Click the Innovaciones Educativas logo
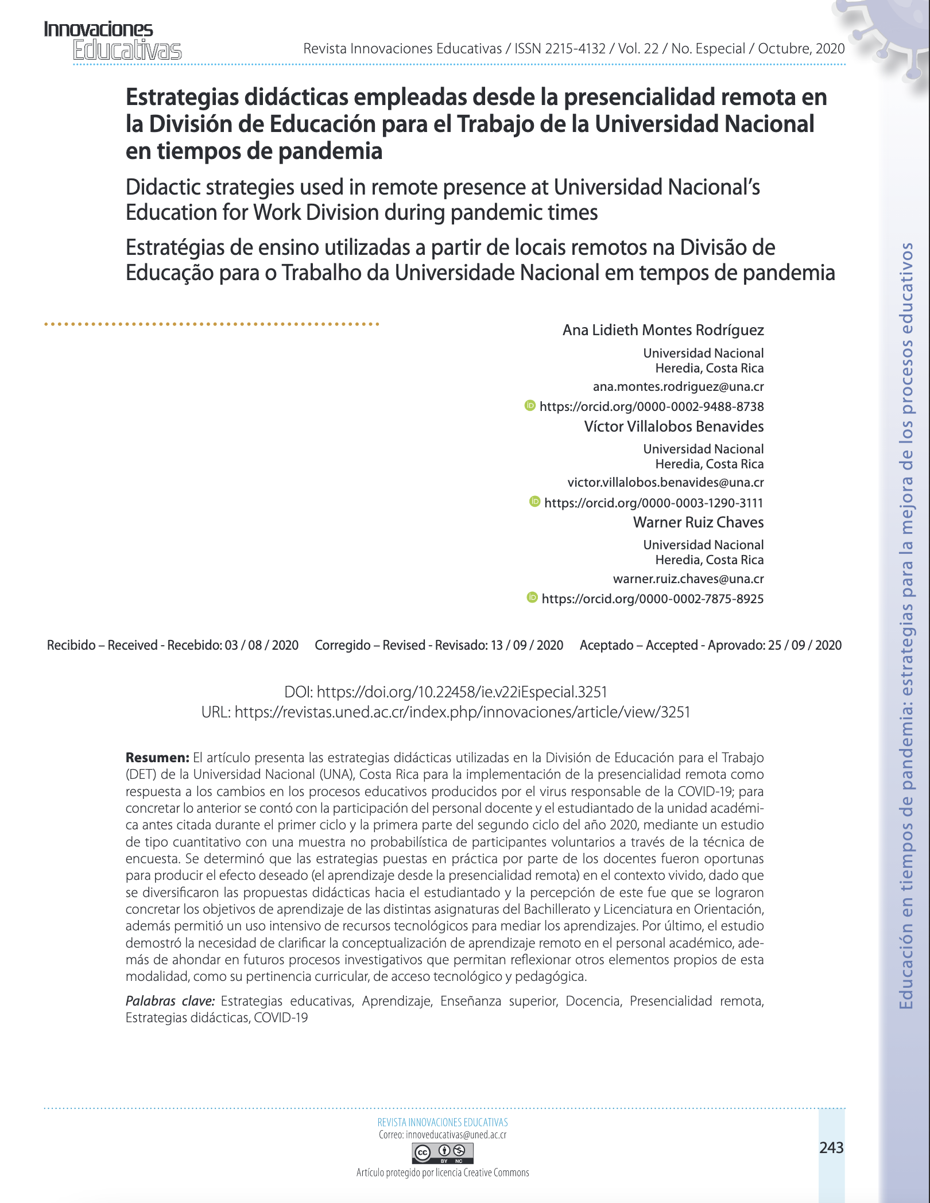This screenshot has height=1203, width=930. point(113,40)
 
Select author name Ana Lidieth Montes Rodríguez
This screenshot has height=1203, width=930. point(663,330)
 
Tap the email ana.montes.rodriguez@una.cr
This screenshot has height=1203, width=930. point(678,387)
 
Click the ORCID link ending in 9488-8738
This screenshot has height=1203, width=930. point(652,407)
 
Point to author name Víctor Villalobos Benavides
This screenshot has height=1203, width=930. point(674,426)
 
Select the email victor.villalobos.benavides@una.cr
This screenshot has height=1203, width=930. point(665,483)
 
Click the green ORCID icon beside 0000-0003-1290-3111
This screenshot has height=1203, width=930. point(534,502)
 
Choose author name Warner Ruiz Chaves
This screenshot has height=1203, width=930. point(698,522)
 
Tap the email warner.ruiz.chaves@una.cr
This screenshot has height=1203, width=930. point(688,579)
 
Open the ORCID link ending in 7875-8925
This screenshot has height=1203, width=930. point(653,599)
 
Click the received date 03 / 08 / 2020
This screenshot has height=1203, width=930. point(262,645)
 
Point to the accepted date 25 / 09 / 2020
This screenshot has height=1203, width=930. point(805,645)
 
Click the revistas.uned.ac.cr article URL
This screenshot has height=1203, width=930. point(462,712)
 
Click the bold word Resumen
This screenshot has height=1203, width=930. point(157,758)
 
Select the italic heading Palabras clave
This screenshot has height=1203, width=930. point(170,1002)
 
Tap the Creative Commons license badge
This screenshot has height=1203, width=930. point(443,1152)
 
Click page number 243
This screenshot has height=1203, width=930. point(831,1147)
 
